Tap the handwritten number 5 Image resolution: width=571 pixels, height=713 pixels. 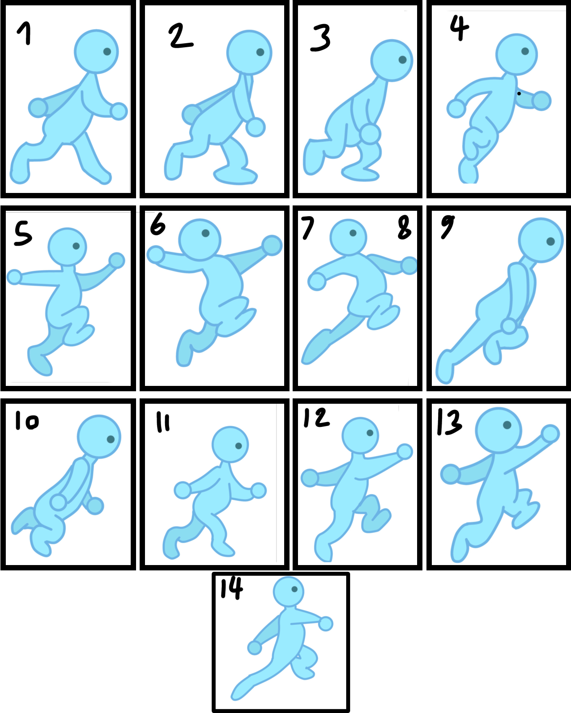pyautogui.click(x=22, y=234)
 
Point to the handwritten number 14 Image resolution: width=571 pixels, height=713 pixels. pyautogui.click(x=232, y=588)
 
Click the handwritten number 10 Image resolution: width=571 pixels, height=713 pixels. pyautogui.click(x=27, y=421)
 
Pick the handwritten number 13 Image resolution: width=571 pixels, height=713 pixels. pyautogui.click(x=449, y=422)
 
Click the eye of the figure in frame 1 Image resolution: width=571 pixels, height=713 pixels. pyautogui.click(x=107, y=52)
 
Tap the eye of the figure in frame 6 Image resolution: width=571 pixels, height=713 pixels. pyautogui.click(x=206, y=233)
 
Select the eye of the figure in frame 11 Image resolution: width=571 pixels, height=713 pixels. pyautogui.click(x=239, y=446)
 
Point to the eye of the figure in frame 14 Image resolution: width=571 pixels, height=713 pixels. pyautogui.click(x=294, y=589)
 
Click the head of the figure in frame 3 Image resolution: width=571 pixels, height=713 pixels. pyautogui.click(x=392, y=60)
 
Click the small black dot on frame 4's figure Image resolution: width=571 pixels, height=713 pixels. pyautogui.click(x=519, y=94)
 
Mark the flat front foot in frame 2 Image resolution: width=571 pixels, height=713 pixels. pyautogui.click(x=236, y=175)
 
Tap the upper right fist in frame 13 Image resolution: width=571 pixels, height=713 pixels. pyautogui.click(x=550, y=433)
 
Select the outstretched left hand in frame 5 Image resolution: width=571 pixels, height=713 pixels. pyautogui.click(x=14, y=277)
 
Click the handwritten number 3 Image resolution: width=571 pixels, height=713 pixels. pyautogui.click(x=321, y=37)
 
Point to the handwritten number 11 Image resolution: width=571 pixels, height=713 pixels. pyautogui.click(x=163, y=422)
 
